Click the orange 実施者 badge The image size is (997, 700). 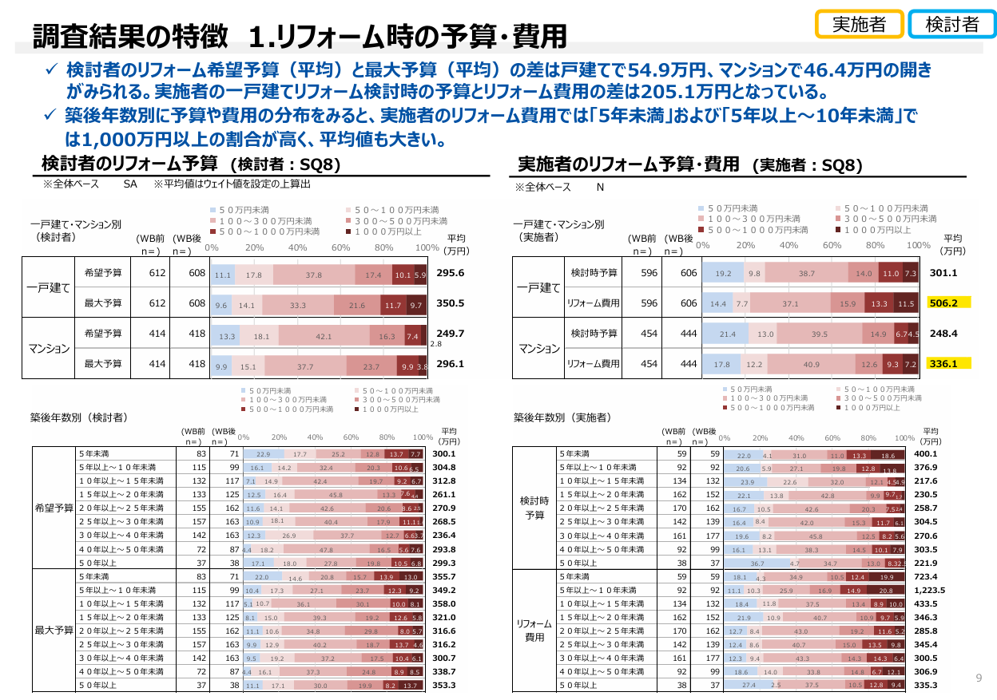pyautogui.click(x=859, y=24)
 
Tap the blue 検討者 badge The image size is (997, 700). pyautogui.click(x=951, y=24)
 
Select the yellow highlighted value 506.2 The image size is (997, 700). pyautogui.click(x=948, y=303)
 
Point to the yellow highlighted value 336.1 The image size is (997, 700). pyautogui.click(x=948, y=364)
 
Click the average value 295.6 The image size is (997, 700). pyautogui.click(x=451, y=274)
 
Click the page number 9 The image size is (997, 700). pyautogui.click(x=979, y=678)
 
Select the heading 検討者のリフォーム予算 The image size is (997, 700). pyautogui.click(x=129, y=164)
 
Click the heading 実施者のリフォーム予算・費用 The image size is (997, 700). pyautogui.click(x=628, y=164)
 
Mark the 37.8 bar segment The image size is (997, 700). pyautogui.click(x=314, y=275)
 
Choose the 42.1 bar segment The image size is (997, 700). pyautogui.click(x=324, y=337)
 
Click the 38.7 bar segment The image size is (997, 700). pyautogui.click(x=807, y=274)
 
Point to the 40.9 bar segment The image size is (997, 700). pyautogui.click(x=811, y=365)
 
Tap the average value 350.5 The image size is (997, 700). pyautogui.click(x=451, y=303)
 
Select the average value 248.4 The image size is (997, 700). pyautogui.click(x=943, y=334)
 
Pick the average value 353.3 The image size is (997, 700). pyautogui.click(x=443, y=684)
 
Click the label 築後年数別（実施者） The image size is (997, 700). pyautogui.click(x=562, y=417)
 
